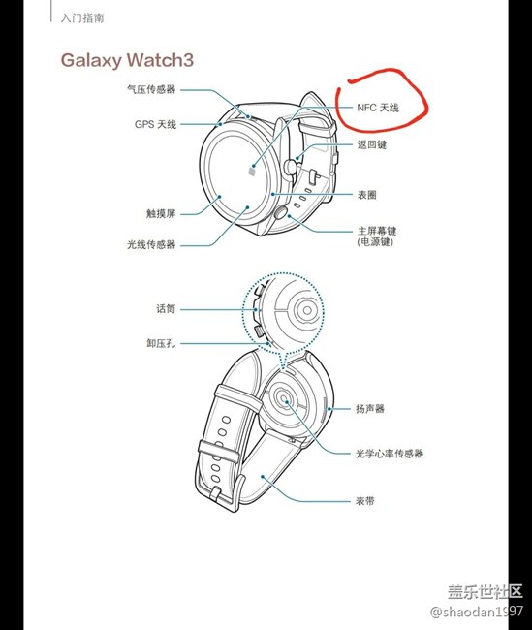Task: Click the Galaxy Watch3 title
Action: pyautogui.click(x=127, y=60)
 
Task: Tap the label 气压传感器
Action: pyautogui.click(x=151, y=89)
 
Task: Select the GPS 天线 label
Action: pyautogui.click(x=155, y=124)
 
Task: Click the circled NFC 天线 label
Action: pyautogui.click(x=378, y=108)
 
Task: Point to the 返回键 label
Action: pyautogui.click(x=372, y=144)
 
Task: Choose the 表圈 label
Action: pyautogui.click(x=367, y=195)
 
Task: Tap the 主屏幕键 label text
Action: pyautogui.click(x=377, y=231)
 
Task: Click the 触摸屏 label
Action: pyautogui.click(x=161, y=213)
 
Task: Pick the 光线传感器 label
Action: pyautogui.click(x=151, y=244)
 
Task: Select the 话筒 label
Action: pyautogui.click(x=166, y=308)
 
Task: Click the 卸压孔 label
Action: pyautogui.click(x=161, y=343)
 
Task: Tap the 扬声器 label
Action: pyautogui.click(x=370, y=409)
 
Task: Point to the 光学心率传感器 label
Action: pyautogui.click(x=390, y=454)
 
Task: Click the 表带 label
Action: pyautogui.click(x=365, y=501)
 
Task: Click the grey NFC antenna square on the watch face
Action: pyautogui.click(x=252, y=172)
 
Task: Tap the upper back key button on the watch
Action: pyautogui.click(x=290, y=167)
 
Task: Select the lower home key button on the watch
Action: pyautogui.click(x=281, y=212)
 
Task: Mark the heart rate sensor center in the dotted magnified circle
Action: pyautogui.click(x=307, y=310)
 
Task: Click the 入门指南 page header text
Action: pyautogui.click(x=82, y=18)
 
